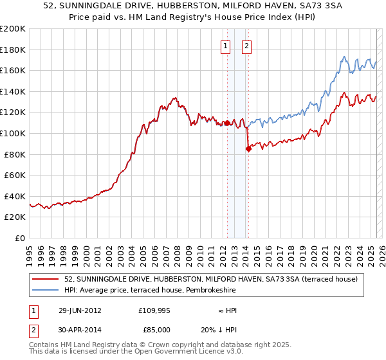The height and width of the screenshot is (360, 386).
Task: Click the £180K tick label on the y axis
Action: [x=13, y=50]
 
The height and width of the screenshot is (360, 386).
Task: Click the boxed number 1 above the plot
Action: [x=226, y=46]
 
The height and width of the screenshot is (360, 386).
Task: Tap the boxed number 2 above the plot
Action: [x=247, y=46]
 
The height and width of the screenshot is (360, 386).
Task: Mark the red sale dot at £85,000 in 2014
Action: [x=248, y=149]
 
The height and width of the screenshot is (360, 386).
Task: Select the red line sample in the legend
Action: [x=46, y=279]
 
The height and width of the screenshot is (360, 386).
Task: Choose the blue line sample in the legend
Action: [x=46, y=290]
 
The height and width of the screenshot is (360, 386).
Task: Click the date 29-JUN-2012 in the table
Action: [x=80, y=310]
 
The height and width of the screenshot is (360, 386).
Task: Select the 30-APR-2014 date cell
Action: [x=80, y=329]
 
